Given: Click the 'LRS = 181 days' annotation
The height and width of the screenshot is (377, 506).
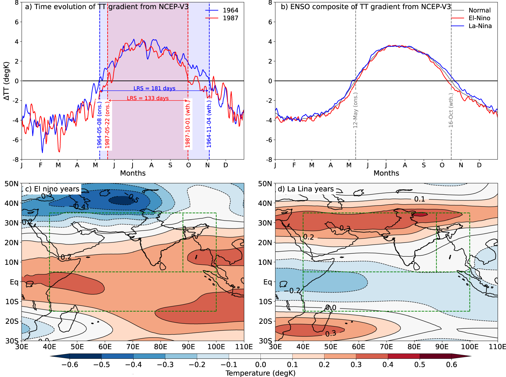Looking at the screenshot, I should tap(154, 88).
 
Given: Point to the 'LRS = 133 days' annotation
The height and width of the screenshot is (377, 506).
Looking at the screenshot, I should tap(148, 98).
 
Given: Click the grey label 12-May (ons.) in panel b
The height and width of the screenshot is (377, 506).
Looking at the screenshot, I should tap(355, 110).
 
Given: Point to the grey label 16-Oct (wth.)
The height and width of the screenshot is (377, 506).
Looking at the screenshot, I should tap(451, 110).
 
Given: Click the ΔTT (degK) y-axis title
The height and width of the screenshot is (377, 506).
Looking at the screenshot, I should tap(6, 81).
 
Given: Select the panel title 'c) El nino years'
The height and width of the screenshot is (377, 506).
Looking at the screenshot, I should tap(52, 189).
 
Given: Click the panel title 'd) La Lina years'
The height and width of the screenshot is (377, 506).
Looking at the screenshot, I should tap(305, 189).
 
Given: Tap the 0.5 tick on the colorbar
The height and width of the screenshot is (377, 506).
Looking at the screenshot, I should tap(420, 365).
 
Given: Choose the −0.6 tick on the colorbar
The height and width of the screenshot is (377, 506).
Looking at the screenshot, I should tap(70, 365).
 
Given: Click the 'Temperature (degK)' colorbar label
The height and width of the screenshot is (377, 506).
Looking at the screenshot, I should tap(260, 373).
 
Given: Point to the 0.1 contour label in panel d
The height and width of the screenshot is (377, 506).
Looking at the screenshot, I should tap(420, 199).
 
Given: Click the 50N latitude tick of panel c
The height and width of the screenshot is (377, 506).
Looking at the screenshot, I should tap(11, 184).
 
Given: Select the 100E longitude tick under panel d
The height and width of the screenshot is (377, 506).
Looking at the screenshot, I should tap(470, 347).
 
